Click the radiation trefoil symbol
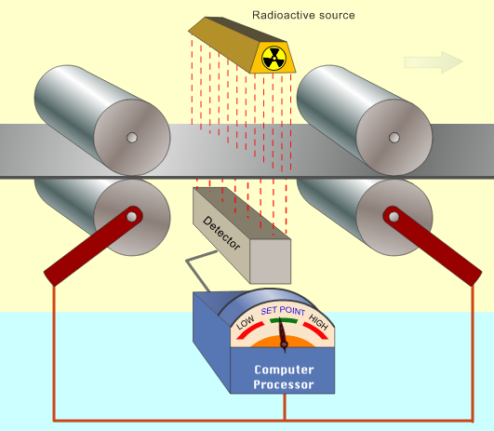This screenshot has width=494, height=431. [x=274, y=59]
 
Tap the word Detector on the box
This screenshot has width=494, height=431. [x=221, y=233]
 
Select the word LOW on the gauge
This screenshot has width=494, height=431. [x=245, y=322]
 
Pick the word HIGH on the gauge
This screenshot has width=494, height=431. [x=318, y=322]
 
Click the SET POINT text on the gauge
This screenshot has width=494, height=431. [x=283, y=311]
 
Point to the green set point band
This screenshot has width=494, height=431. [x=284, y=321]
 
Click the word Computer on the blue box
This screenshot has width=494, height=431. [x=284, y=370]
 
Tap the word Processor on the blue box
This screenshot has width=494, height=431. [x=284, y=384]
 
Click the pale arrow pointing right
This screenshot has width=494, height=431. [x=434, y=62]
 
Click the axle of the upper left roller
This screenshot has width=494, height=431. [x=132, y=138]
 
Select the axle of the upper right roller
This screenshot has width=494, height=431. [x=394, y=138]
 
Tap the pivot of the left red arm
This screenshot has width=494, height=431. [x=132, y=217]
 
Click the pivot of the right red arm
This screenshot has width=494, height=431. [x=394, y=217]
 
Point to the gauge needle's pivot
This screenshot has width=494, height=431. [x=284, y=344]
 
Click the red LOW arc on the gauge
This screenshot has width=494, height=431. [x=249, y=330]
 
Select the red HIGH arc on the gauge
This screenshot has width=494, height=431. [x=316, y=330]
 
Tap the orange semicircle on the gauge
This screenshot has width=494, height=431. [x=283, y=342]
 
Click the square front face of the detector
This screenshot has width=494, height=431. [x=271, y=262]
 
